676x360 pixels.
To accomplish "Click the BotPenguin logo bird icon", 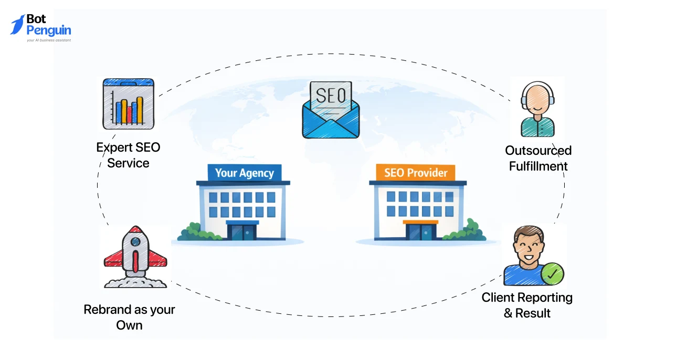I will click(x=17, y=25).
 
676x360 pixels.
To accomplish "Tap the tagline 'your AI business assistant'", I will click(x=49, y=40).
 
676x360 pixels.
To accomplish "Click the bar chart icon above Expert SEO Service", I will click(x=129, y=104).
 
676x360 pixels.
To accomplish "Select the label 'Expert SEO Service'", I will click(x=128, y=155).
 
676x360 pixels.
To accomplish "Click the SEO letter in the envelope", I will click(x=331, y=96).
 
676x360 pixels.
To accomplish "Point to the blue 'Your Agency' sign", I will click(x=245, y=173).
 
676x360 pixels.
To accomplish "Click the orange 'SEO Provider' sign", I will click(x=416, y=172).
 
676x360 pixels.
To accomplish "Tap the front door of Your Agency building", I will click(x=242, y=231).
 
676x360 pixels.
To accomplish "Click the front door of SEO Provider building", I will click(x=420, y=231).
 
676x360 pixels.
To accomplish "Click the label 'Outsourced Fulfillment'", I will click(x=538, y=158).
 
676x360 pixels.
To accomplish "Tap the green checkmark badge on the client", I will click(x=552, y=273).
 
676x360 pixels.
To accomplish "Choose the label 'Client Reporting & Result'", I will click(x=527, y=305).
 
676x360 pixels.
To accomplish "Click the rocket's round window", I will click(x=135, y=242).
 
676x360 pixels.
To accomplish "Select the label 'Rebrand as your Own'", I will click(x=129, y=317).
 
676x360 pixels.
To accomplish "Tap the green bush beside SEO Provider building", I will click(x=468, y=231).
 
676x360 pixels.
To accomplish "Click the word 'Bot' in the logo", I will click(x=37, y=19).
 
